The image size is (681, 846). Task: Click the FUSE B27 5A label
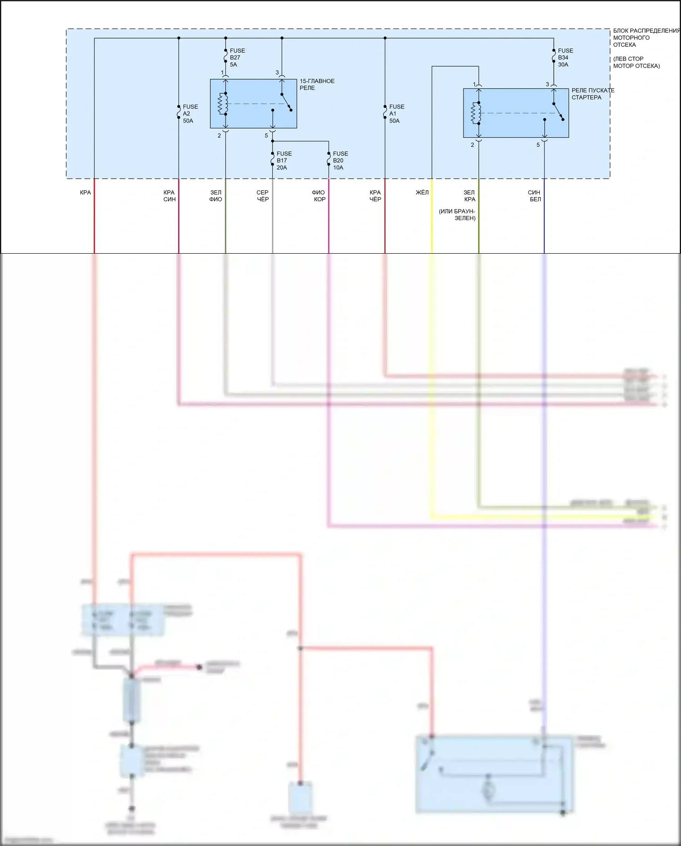237,58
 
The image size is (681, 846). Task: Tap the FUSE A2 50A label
190,114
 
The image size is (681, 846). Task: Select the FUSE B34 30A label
565,58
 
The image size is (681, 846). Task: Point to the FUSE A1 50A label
396,114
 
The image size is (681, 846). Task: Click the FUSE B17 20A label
284,160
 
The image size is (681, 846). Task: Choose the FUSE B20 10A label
340,160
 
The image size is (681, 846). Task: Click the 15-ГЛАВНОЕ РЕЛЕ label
317,85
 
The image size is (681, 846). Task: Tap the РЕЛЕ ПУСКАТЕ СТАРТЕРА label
592,94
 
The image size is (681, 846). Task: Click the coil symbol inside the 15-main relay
223,104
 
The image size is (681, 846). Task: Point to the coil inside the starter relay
476,113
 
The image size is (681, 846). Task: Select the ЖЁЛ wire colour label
422,193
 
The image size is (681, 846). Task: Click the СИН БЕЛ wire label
535,196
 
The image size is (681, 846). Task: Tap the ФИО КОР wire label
319,196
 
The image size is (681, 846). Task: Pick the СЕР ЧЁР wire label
263,196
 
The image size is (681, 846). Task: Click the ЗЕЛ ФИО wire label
216,196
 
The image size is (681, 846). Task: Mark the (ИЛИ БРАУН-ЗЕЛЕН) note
457,215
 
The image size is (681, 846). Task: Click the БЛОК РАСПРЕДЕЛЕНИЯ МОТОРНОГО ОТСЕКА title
645,38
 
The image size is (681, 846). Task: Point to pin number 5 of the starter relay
538,145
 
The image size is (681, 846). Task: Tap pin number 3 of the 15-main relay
277,73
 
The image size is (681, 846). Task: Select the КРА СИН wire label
169,196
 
